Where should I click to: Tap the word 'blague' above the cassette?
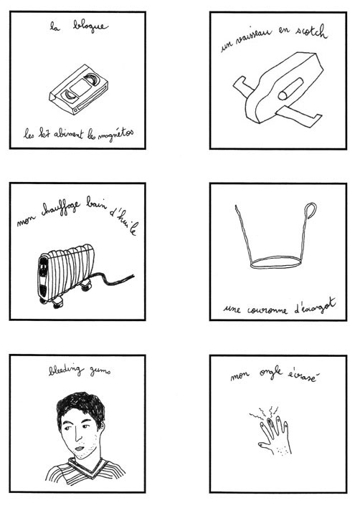pos(90,27)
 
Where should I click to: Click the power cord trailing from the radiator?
pos(115,279)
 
